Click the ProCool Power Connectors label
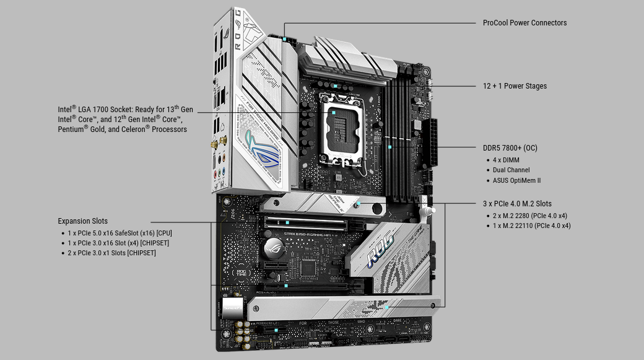point(524,23)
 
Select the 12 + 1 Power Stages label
point(515,86)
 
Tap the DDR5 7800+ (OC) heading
point(510,148)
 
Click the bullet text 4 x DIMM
point(506,160)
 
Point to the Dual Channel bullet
point(511,170)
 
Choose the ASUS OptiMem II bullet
point(516,180)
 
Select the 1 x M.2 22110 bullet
point(531,225)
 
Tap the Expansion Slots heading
point(82,221)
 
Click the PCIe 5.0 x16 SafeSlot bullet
point(120,233)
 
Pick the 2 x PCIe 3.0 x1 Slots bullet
point(111,253)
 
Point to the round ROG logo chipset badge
point(274,247)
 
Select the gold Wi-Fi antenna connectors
point(219,144)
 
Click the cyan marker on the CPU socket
point(334,112)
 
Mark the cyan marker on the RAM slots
point(389,147)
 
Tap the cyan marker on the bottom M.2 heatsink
point(386,307)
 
